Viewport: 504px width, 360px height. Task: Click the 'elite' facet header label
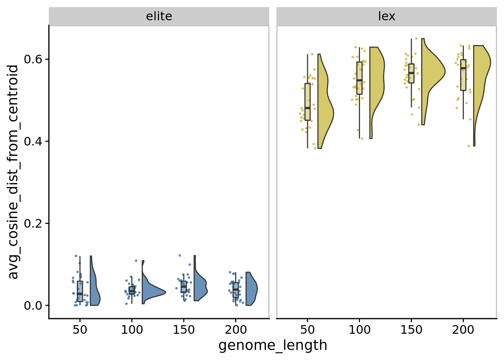[159, 16]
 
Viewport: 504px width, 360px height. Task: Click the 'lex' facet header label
[387, 16]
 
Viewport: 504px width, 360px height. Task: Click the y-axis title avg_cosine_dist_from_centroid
[13, 172]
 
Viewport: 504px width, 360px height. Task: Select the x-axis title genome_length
[273, 345]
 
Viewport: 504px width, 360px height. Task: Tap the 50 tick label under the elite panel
[80, 330]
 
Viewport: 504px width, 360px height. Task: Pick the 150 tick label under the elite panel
[184, 330]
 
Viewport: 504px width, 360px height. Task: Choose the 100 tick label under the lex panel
[359, 330]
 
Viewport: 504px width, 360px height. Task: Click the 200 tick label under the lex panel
[463, 330]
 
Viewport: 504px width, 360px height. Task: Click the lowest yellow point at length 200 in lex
[468, 146]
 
